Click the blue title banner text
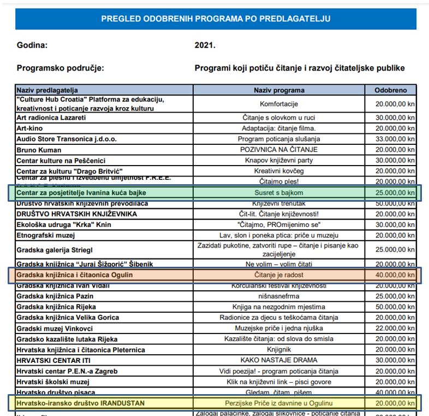pos(216,19)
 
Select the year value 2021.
pos(205,45)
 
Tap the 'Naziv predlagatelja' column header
pos(47,90)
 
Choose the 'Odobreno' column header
pos(390,90)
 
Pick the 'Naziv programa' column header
pos(279,90)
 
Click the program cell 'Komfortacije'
pos(279,103)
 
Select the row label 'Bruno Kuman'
pos(39,150)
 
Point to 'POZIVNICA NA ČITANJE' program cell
pos(279,150)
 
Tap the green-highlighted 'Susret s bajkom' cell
pos(279,193)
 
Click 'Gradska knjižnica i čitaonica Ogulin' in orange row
pos(75,274)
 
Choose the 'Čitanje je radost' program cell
pos(279,274)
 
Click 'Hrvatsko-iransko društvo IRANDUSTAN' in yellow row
pos(81,403)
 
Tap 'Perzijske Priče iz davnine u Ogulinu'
pos(279,403)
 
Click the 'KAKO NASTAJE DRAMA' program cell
pos(279,361)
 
